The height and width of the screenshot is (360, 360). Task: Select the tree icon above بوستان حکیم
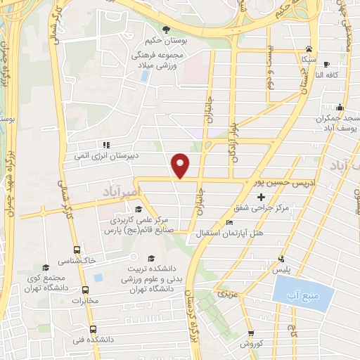pyautogui.click(x=167, y=30)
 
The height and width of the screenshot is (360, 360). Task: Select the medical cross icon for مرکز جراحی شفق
pyautogui.click(x=262, y=197)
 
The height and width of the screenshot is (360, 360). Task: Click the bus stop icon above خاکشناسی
pyautogui.click(x=77, y=249)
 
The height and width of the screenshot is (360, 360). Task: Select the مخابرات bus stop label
pyautogui.click(x=86, y=302)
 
